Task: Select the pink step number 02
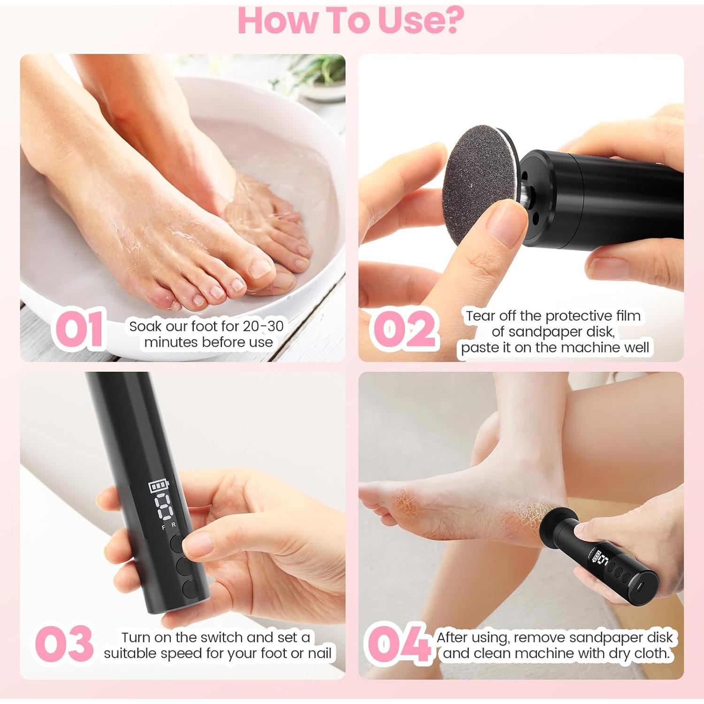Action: click(x=404, y=329)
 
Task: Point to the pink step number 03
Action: click(x=64, y=643)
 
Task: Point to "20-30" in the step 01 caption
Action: click(x=263, y=326)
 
